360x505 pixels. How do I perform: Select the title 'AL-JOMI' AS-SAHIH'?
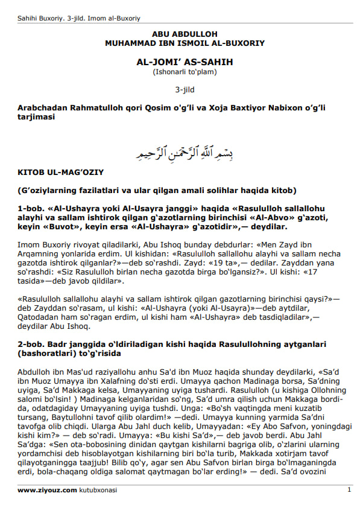click(185, 62)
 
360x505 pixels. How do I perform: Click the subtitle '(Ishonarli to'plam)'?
click(185, 72)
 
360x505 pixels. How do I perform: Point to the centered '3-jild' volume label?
click(185, 89)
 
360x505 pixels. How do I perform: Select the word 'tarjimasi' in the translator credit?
click(36, 117)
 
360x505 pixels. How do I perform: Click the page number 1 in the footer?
click(349, 491)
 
